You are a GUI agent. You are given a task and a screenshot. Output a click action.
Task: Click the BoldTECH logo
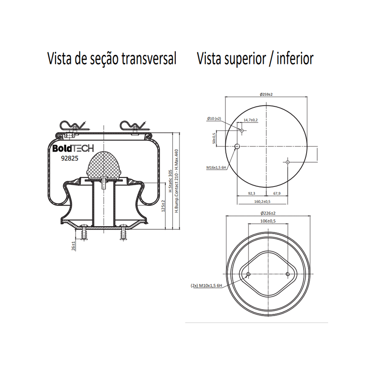(73, 148)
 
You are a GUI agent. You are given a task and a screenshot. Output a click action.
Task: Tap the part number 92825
(70, 158)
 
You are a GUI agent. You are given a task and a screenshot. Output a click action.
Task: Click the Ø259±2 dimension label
(266, 94)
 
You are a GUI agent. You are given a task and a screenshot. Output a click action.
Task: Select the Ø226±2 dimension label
(268, 213)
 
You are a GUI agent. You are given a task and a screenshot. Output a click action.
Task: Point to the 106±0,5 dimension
(268, 221)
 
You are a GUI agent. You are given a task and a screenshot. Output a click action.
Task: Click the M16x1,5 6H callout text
(216, 168)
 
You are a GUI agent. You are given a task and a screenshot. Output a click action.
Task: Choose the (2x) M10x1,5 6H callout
(206, 285)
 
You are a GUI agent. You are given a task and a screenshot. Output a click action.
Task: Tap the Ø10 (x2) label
(214, 119)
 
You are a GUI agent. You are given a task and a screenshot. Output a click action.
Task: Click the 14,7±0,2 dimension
(250, 120)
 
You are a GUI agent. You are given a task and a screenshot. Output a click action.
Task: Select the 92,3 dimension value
(252, 193)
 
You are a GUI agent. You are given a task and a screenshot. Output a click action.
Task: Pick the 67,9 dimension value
(277, 193)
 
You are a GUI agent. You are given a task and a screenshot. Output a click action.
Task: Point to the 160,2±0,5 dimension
(263, 201)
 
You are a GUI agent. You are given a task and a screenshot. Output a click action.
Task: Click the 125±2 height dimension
(163, 206)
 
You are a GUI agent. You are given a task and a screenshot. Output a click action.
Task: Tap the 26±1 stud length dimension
(73, 246)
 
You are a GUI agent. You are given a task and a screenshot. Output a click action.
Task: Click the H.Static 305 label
(171, 181)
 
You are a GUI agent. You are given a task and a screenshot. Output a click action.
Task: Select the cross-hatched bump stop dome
(104, 165)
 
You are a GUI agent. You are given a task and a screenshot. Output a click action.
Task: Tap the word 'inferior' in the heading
(295, 58)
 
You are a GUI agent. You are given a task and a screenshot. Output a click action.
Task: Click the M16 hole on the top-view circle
(237, 146)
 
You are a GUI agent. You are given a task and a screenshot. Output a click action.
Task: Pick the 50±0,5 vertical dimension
(214, 138)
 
